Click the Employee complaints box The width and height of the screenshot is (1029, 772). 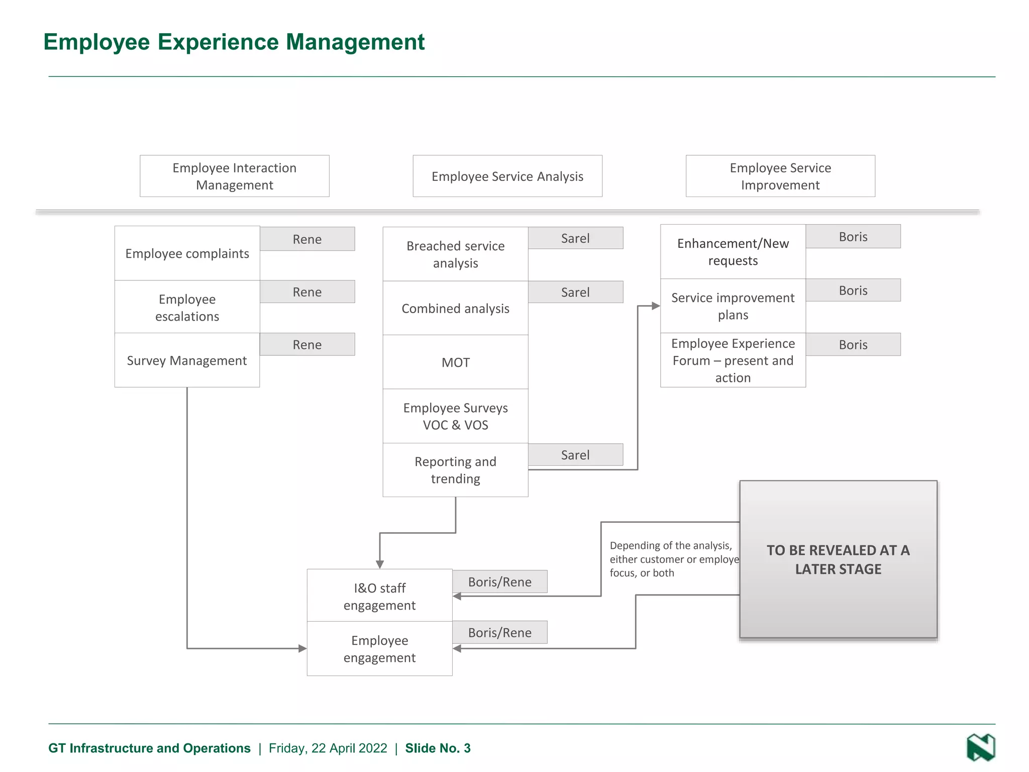187,253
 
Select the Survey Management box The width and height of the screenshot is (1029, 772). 187,360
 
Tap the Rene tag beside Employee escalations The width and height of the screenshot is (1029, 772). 307,292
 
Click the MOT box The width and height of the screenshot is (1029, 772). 455,362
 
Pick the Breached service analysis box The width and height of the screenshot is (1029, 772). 455,254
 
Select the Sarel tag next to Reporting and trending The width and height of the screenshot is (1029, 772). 575,455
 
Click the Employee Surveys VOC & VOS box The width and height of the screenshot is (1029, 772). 455,416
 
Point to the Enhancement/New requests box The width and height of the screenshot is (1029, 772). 733,252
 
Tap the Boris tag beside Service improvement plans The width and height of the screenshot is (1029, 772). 853,291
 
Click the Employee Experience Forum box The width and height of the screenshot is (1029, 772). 733,360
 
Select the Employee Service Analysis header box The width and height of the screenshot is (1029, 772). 507,176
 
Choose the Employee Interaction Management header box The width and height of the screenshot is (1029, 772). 235,176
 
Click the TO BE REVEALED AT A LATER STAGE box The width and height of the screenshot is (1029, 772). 838,559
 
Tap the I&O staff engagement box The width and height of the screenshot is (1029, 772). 379,596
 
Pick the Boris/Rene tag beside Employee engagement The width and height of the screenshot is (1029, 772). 499,633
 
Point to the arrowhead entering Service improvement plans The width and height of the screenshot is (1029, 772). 655,306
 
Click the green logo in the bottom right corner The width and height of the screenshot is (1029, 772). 980,747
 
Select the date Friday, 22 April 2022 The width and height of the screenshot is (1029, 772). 328,748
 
